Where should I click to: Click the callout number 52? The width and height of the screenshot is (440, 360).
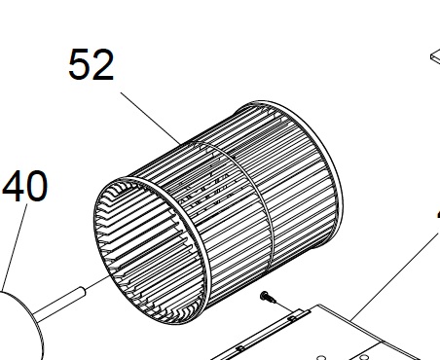[x=92, y=64]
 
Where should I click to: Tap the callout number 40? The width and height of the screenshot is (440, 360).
[x=25, y=186]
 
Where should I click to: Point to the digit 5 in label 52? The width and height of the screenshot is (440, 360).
[x=79, y=64]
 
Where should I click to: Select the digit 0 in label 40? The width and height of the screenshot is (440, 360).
[x=37, y=186]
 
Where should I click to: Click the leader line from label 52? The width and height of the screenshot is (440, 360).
[x=151, y=119]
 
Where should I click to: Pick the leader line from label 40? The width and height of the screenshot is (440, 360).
[x=15, y=246]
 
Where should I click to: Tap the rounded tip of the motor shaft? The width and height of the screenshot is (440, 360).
[x=84, y=291]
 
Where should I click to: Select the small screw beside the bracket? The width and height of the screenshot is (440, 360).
[x=268, y=297]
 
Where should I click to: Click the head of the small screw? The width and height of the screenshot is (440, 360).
[x=264, y=295]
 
